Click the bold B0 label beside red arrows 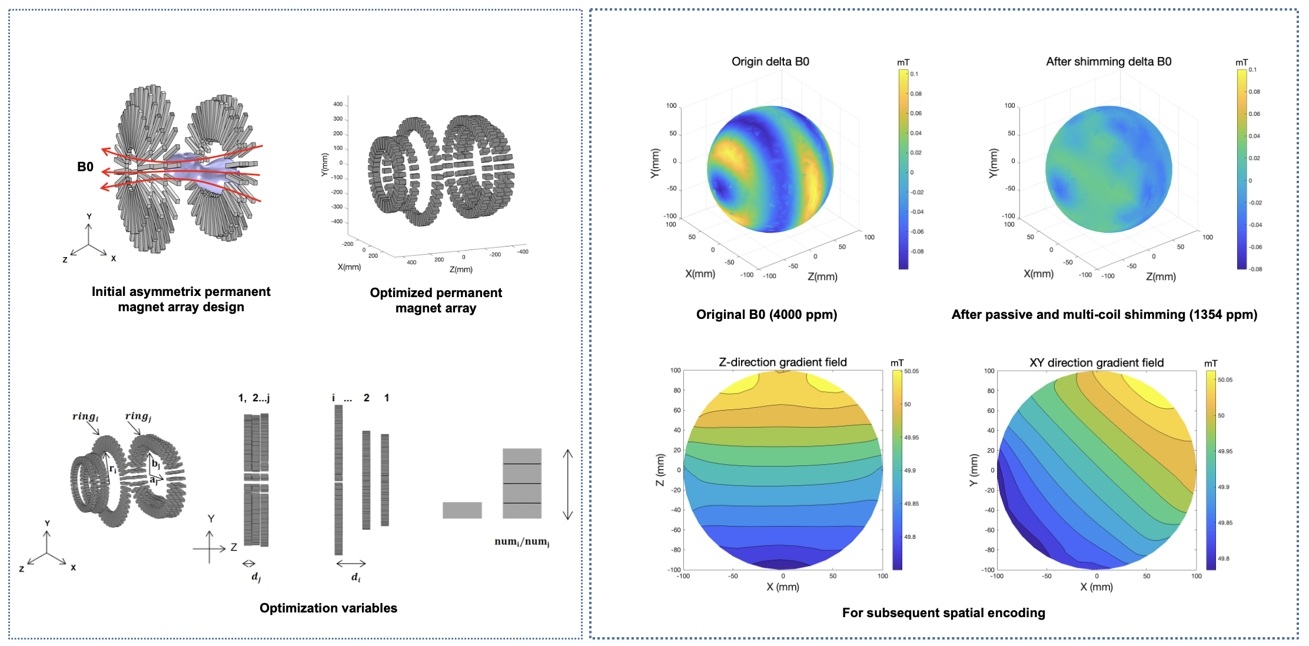pos(85,167)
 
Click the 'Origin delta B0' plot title pos(770,61)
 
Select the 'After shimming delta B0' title pos(1108,61)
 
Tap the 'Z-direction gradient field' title pos(782,362)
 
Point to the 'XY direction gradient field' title pos(1096,362)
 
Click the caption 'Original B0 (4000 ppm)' pos(766,314)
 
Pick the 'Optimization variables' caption pos(328,608)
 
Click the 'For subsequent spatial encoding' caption pos(943,612)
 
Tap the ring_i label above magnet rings pos(85,417)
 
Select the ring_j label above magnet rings pos(138,416)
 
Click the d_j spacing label pos(256,577)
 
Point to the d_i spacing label pos(356,577)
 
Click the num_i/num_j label pos(521,541)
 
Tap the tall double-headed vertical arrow pos(567,484)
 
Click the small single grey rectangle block pos(462,510)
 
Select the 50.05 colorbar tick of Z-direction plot pos(911,371)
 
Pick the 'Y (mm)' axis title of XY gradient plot pos(973,470)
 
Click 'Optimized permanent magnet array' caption pos(436,300)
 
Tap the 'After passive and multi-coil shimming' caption pos(1104,314)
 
